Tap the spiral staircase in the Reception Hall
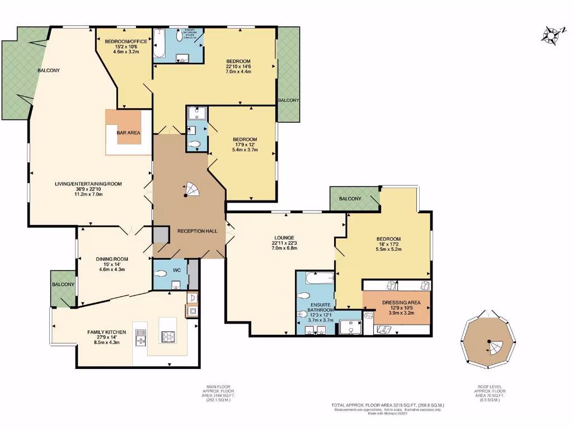click(190, 190)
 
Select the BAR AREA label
click(129, 133)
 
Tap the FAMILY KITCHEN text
click(106, 332)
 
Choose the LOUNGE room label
click(284, 237)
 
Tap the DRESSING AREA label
click(398, 303)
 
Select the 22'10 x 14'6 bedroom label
click(238, 61)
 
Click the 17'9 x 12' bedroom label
click(245, 139)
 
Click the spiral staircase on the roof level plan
click(492, 345)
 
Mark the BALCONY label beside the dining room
click(63, 284)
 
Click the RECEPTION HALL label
click(193, 231)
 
